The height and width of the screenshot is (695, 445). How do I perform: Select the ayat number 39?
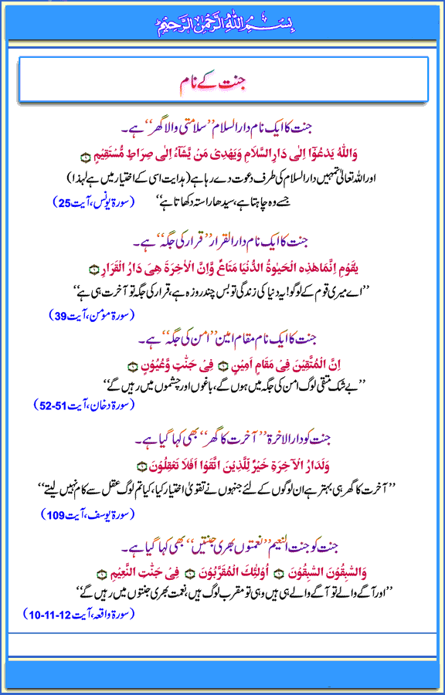tap(53, 314)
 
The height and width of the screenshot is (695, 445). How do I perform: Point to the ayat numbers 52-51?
tap(49, 405)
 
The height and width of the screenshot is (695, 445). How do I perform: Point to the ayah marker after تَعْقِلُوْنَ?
tap(140, 465)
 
